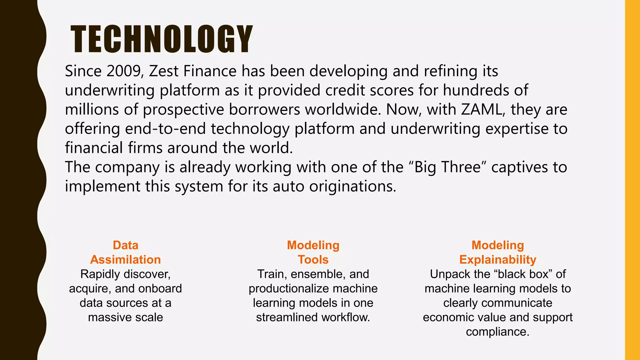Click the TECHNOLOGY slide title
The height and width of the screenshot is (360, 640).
click(162, 39)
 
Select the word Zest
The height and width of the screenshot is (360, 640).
click(163, 71)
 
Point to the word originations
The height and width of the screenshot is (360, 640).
click(352, 187)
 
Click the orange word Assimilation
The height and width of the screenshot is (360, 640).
click(125, 260)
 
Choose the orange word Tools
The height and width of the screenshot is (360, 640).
click(313, 260)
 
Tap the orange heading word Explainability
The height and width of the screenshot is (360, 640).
click(497, 260)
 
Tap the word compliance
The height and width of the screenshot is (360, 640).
click(497, 332)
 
